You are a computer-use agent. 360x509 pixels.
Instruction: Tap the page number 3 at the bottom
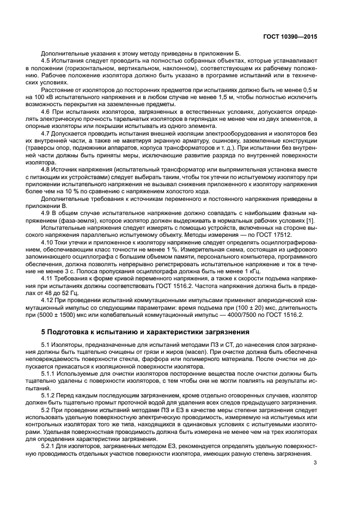click(315, 463)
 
